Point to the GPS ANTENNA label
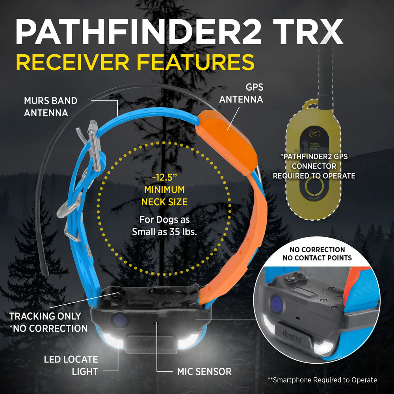click(241, 93)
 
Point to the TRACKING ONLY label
click(45, 316)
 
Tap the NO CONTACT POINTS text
click(317, 258)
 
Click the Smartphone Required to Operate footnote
click(322, 380)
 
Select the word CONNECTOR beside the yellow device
click(314, 166)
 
